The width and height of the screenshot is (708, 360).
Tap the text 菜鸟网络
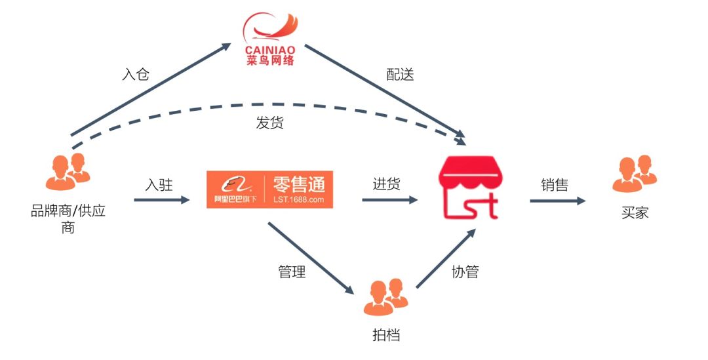[269, 60]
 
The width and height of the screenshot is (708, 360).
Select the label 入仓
[136, 74]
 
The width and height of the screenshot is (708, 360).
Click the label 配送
[400, 74]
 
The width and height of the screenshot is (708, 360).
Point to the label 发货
[269, 123]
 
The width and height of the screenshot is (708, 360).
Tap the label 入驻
[159, 185]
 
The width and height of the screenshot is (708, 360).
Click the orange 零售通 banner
[269, 190]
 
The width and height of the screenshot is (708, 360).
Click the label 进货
[387, 185]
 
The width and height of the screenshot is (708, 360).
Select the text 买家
[634, 212]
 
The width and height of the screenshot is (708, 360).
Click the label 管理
[292, 271]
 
